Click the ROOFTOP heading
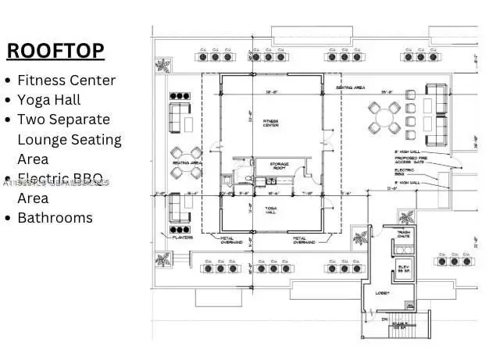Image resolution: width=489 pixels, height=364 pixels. (x=55, y=50)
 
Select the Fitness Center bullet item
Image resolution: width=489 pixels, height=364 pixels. (x=66, y=80)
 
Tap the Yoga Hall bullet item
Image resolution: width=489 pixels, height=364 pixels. (x=48, y=100)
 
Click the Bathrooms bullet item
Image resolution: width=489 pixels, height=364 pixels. (x=55, y=218)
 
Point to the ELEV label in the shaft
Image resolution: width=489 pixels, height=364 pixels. (x=405, y=266)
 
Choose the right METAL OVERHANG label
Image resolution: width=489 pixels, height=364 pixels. (x=303, y=241)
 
